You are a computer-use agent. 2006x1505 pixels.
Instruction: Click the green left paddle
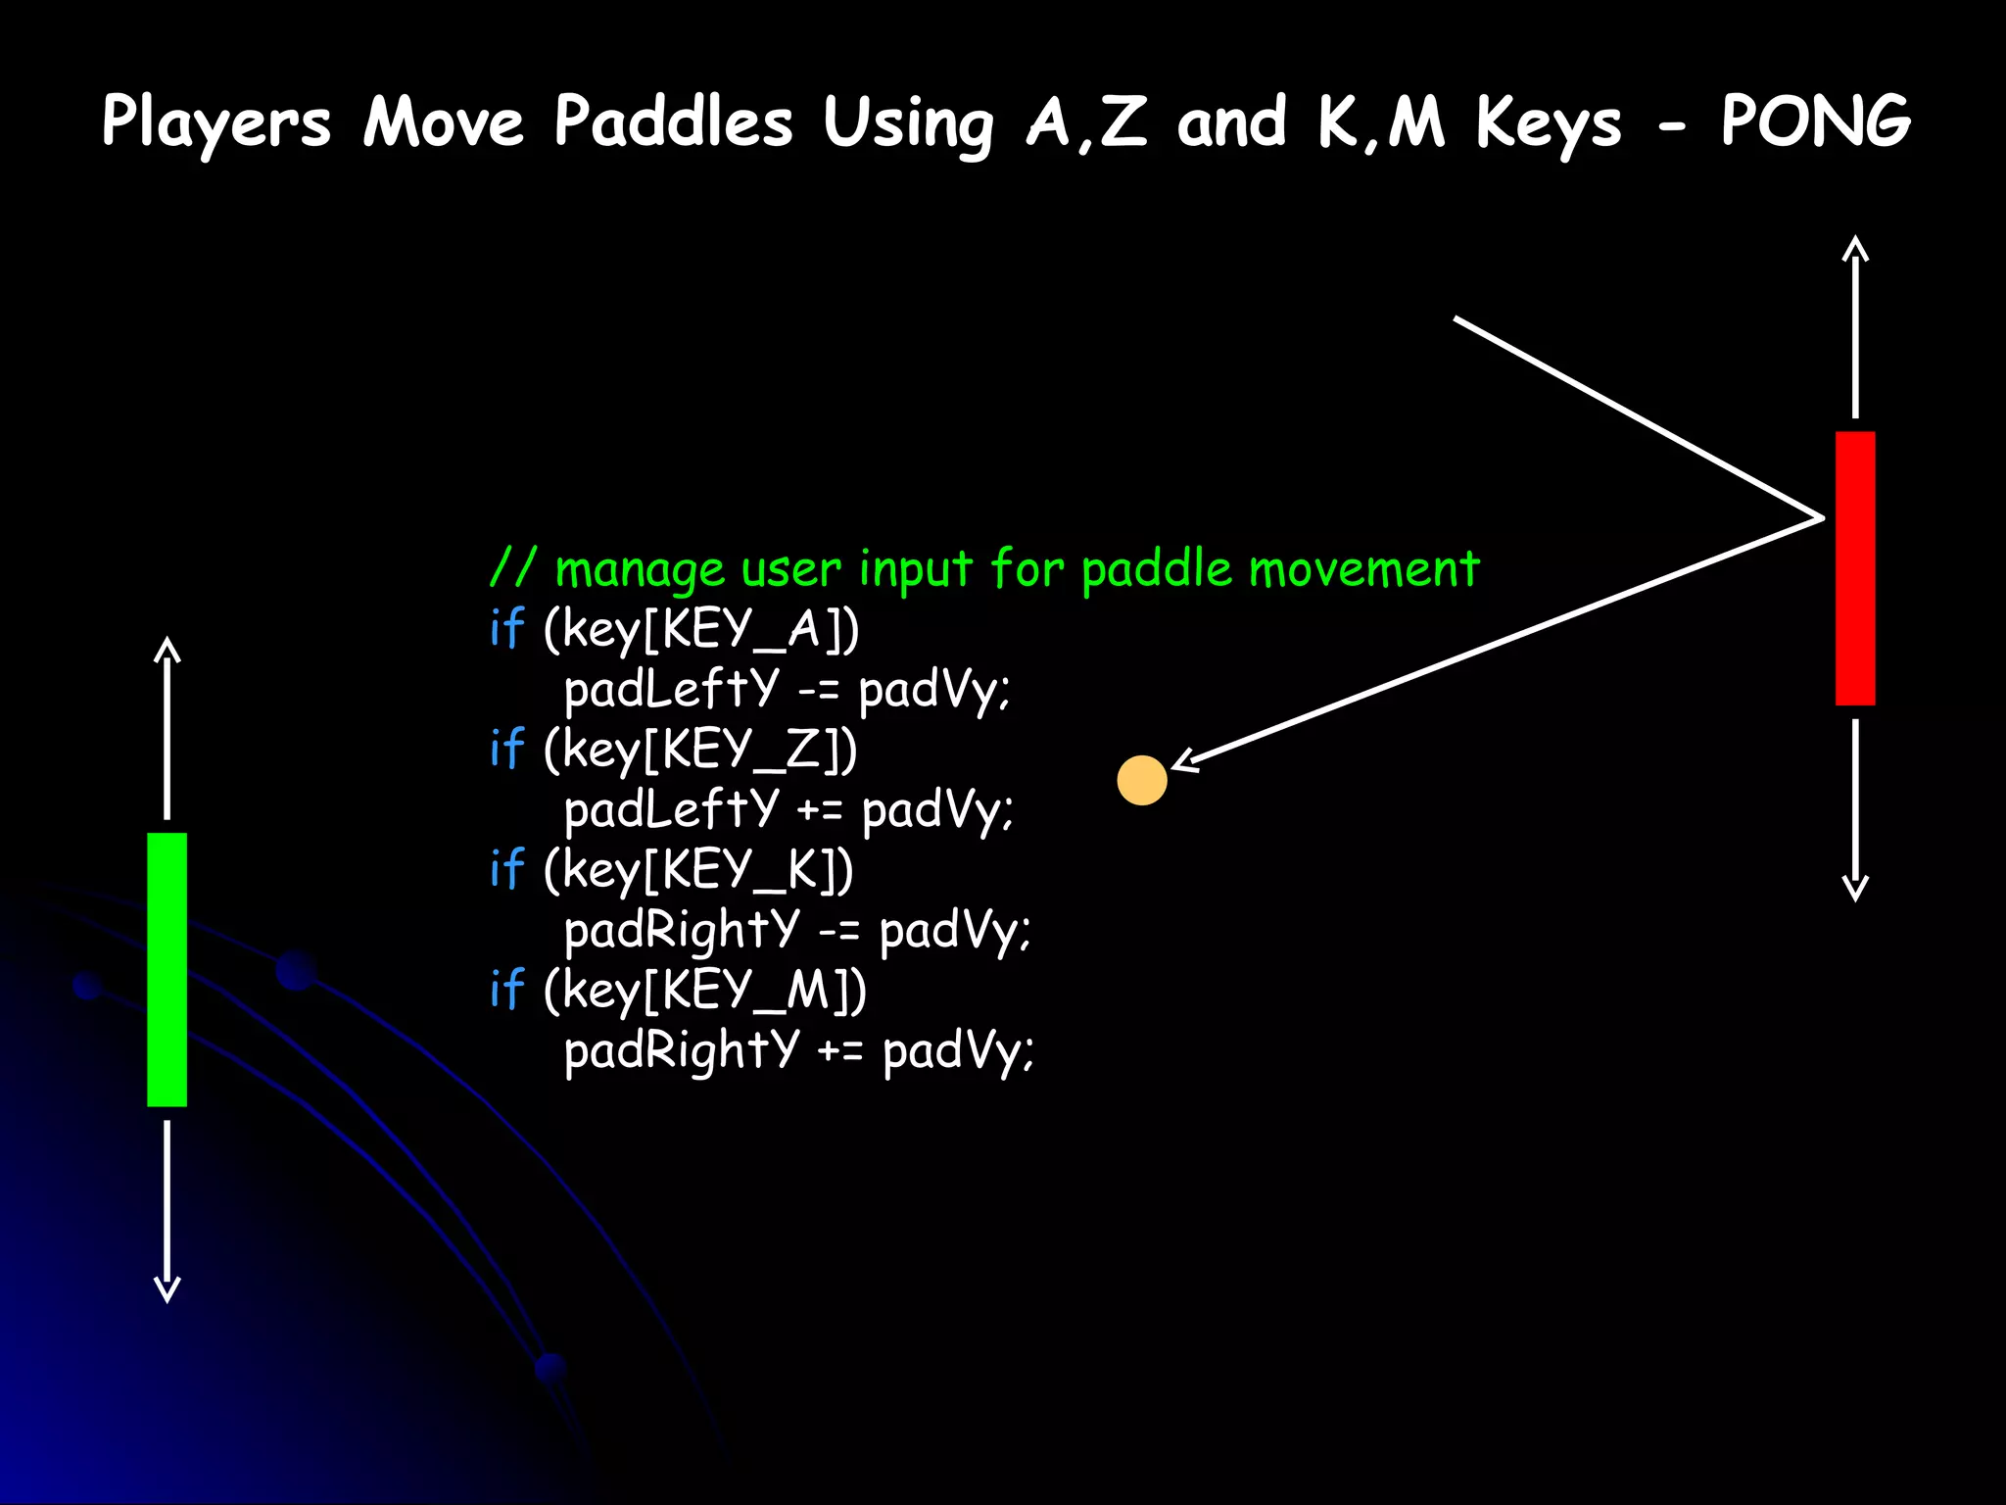167,969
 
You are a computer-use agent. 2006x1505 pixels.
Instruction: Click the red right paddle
1854,567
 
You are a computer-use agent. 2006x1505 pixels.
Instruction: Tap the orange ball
1142,781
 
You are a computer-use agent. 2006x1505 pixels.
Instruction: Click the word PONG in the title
1815,121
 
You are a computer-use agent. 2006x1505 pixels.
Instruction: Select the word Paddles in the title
673,121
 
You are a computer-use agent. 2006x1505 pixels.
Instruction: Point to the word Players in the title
216,123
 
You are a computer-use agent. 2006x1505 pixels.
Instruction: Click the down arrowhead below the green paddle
167,1290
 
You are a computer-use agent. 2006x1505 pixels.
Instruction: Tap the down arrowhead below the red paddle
1855,889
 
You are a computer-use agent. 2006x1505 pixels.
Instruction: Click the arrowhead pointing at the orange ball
1184,761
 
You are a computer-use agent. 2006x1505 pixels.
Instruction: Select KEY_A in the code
741,629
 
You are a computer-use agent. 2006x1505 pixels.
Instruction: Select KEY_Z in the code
740,750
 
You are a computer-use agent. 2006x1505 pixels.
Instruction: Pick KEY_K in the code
740,870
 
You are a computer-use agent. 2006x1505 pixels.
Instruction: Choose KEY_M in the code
746,991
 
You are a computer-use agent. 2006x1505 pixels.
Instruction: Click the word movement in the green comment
1363,569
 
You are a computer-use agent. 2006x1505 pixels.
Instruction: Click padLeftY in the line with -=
672,689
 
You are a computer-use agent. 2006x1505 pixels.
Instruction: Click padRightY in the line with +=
682,1050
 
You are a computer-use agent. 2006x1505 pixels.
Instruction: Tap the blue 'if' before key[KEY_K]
506,869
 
